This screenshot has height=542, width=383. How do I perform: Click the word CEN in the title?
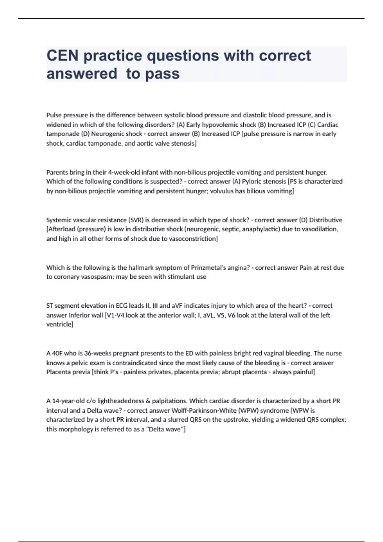[63, 56]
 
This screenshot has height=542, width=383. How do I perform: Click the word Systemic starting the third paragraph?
[59, 220]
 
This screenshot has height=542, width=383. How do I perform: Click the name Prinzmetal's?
[209, 267]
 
